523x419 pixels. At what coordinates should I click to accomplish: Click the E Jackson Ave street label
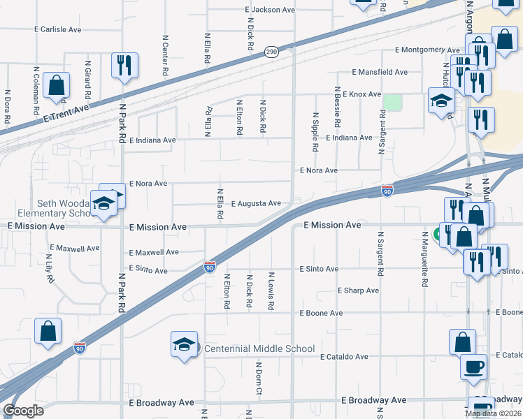click(x=270, y=10)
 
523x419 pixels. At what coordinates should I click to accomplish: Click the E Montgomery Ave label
click(x=427, y=50)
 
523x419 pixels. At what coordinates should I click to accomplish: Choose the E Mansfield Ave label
click(x=380, y=72)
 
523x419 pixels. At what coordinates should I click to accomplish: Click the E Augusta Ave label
click(x=251, y=203)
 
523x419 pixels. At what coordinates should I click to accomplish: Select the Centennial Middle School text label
click(x=259, y=348)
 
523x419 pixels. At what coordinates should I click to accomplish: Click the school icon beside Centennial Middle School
click(x=184, y=344)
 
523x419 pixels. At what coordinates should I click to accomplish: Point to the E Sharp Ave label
click(x=358, y=291)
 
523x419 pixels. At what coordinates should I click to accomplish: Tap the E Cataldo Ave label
click(x=344, y=357)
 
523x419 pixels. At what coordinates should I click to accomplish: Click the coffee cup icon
click(x=473, y=366)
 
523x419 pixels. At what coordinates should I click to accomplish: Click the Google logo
click(x=23, y=411)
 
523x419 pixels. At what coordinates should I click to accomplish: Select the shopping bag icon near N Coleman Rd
click(x=56, y=85)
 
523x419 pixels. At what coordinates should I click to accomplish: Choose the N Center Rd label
click(x=165, y=55)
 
